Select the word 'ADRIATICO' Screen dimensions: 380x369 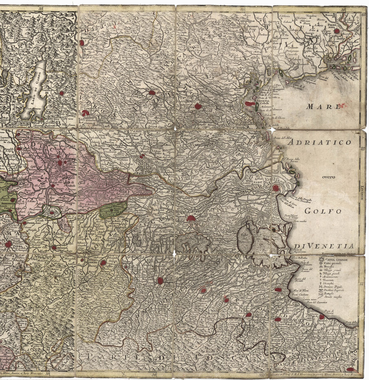(x=320, y=143)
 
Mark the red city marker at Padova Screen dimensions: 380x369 (x=198, y=106)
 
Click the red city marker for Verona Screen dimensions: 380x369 (x=86, y=113)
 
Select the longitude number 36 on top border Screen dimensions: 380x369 (x=343, y=9)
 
